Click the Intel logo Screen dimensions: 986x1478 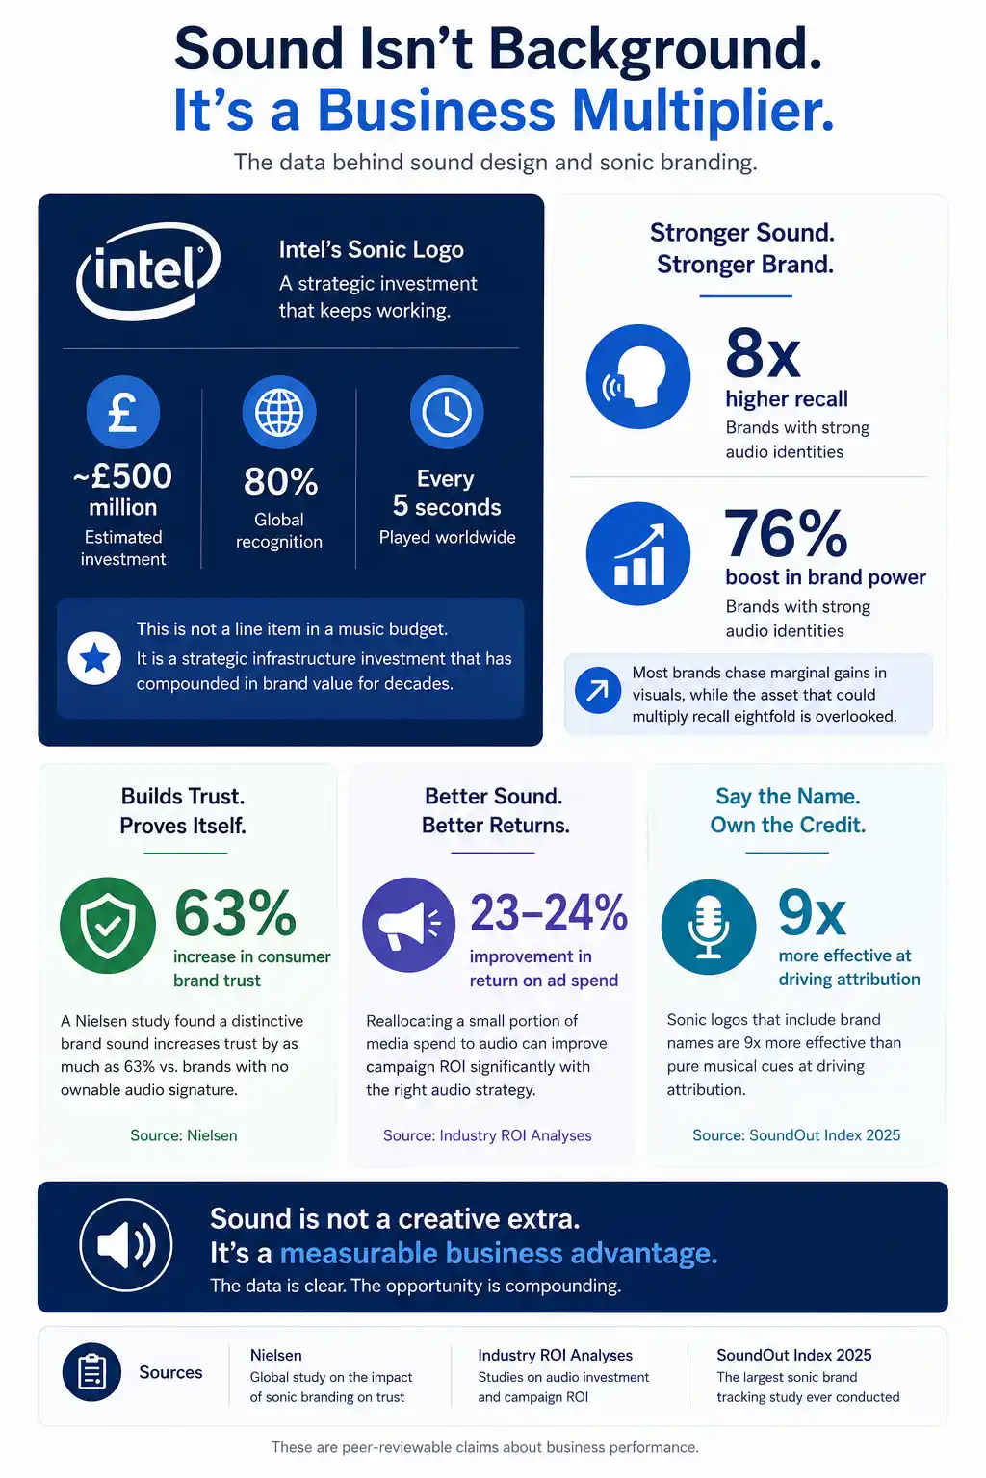coord(148,270)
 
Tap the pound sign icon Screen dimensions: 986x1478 coord(123,413)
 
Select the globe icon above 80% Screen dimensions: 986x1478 coord(279,413)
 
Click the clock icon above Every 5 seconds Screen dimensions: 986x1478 coord(447,413)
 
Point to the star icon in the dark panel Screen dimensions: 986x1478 coord(94,658)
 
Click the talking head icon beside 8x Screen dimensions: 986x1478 coord(638,376)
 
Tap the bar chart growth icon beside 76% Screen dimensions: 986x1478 coord(638,553)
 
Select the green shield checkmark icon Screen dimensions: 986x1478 coord(108,925)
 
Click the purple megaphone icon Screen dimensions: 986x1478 coord(409,925)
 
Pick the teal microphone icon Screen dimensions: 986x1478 coord(709,927)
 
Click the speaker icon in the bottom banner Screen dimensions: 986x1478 coord(125,1244)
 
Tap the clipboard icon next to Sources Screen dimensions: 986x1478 coord(91,1372)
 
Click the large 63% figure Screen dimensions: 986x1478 coord(235,913)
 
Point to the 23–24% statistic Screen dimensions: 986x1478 coord(549,912)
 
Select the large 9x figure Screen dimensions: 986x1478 coord(812,913)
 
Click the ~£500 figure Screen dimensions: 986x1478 coord(123,475)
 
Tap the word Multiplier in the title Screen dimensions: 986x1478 coord(703,111)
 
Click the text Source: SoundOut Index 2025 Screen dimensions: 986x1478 coord(796,1134)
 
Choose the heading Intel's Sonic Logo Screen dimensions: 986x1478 coord(371,249)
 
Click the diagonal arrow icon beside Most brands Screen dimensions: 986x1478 coord(598,690)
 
